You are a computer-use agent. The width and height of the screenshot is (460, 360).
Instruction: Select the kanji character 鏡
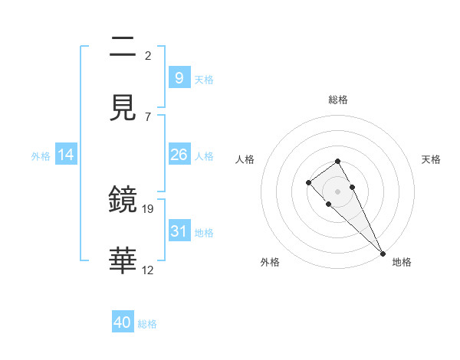pyautogui.click(x=123, y=198)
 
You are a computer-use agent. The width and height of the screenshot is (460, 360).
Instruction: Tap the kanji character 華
pyautogui.click(x=123, y=260)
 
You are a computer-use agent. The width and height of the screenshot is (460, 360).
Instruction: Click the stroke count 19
pyautogui.click(x=148, y=208)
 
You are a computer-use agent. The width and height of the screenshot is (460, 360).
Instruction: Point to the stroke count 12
pyautogui.click(x=148, y=270)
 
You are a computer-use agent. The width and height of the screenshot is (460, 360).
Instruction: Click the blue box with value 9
pyautogui.click(x=179, y=78)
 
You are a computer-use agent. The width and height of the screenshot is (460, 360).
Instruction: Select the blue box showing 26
pyautogui.click(x=179, y=155)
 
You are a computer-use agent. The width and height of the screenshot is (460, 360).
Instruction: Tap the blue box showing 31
pyautogui.click(x=179, y=231)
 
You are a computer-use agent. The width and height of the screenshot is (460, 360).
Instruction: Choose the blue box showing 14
pyautogui.click(x=66, y=155)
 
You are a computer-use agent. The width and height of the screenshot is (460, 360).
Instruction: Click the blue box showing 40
pyautogui.click(x=123, y=322)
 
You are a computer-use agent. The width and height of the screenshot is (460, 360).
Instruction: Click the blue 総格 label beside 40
pyautogui.click(x=147, y=324)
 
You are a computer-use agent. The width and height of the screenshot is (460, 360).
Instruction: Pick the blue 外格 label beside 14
pyautogui.click(x=41, y=155)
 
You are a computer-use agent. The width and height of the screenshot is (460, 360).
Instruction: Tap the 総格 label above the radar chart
pyautogui.click(x=338, y=100)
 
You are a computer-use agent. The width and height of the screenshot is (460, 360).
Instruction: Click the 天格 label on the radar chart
pyautogui.click(x=432, y=159)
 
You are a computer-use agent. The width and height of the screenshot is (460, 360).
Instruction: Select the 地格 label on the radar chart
pyautogui.click(x=402, y=262)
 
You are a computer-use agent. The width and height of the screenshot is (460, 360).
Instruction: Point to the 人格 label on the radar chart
pyautogui.click(x=245, y=159)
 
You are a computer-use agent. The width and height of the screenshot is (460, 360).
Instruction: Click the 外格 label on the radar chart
pyautogui.click(x=270, y=262)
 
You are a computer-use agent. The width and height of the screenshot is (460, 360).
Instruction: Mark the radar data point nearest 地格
pyautogui.click(x=383, y=253)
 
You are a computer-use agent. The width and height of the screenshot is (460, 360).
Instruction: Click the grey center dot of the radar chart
pyautogui.click(x=338, y=191)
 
